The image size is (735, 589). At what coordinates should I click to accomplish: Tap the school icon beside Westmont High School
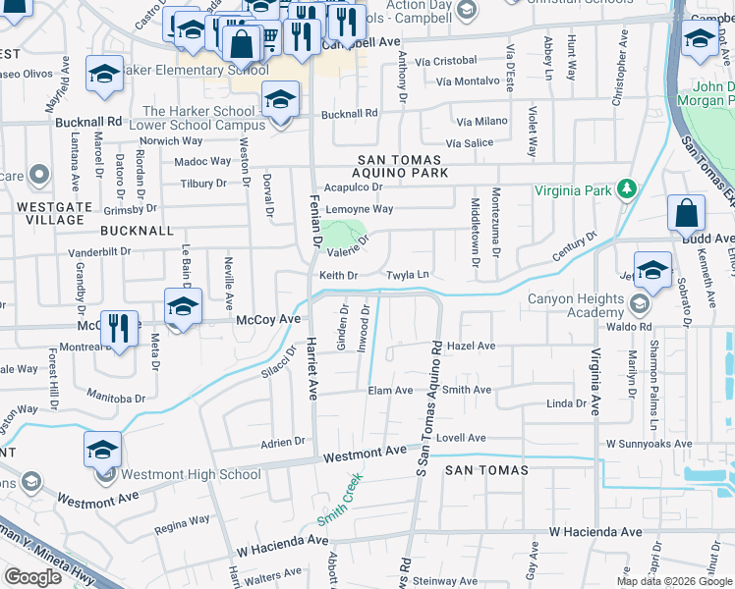point(102,450)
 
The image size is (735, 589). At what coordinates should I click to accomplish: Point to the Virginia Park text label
point(573,190)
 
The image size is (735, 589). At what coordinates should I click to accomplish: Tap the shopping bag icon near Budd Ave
point(686,213)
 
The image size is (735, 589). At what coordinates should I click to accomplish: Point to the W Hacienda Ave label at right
point(595,532)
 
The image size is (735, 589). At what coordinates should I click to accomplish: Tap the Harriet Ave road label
point(311,368)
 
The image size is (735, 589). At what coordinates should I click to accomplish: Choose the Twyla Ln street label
point(408,276)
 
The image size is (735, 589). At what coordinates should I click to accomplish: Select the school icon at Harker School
point(280,99)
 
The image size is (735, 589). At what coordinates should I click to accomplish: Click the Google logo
point(32,577)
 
